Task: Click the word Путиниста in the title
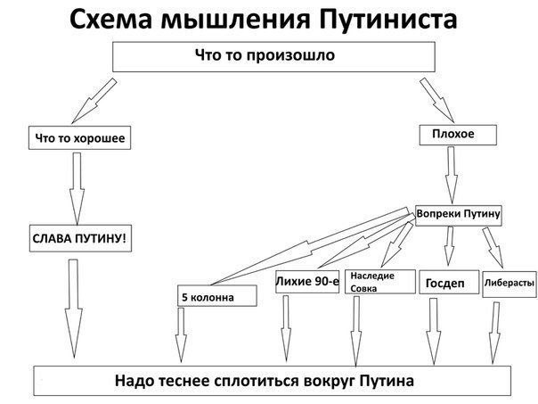[x=387, y=19]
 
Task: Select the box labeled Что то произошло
[x=273, y=57]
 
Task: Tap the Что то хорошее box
[x=79, y=137]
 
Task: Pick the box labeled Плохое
[x=458, y=135]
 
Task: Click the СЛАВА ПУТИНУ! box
[x=80, y=238]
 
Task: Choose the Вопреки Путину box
[x=459, y=216]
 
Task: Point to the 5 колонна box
[x=216, y=296]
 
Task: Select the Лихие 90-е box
[x=307, y=282]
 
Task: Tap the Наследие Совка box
[x=379, y=282]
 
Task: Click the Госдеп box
[x=449, y=282]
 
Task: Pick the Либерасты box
[x=509, y=284]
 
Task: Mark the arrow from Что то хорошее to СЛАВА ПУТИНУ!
[x=77, y=188]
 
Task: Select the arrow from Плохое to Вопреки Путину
[x=452, y=175]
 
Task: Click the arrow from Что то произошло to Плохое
[x=437, y=100]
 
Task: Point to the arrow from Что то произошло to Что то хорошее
[x=94, y=101]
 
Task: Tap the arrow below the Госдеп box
[x=434, y=331]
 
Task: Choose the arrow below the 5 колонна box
[x=181, y=334]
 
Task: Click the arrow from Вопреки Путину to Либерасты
[x=493, y=247]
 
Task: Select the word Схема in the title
[x=110, y=19]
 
